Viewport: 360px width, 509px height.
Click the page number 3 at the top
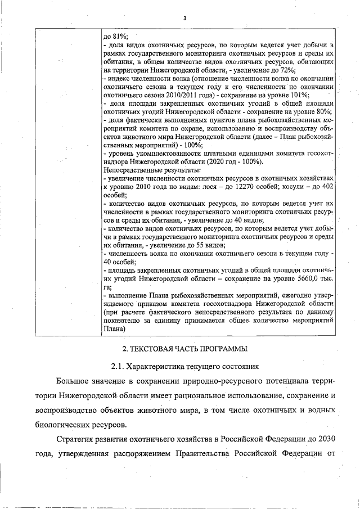[x=184, y=18]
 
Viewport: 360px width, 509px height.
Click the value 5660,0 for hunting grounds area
[x=304, y=279]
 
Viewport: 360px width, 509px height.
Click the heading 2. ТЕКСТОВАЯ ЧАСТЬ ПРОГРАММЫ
[x=184, y=350]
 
